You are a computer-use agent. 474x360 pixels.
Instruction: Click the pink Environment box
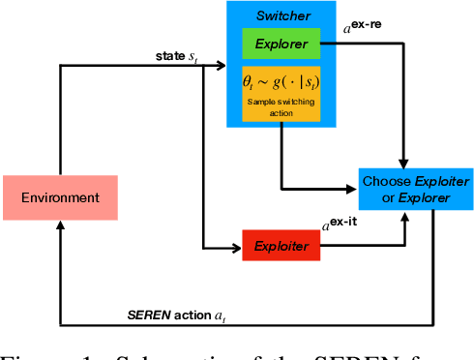[x=60, y=197]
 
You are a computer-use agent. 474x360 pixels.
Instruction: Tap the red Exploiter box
[x=280, y=247]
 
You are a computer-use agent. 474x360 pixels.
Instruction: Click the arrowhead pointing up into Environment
[x=60, y=225]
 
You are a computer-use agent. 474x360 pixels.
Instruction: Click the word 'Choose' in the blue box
[x=384, y=180]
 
